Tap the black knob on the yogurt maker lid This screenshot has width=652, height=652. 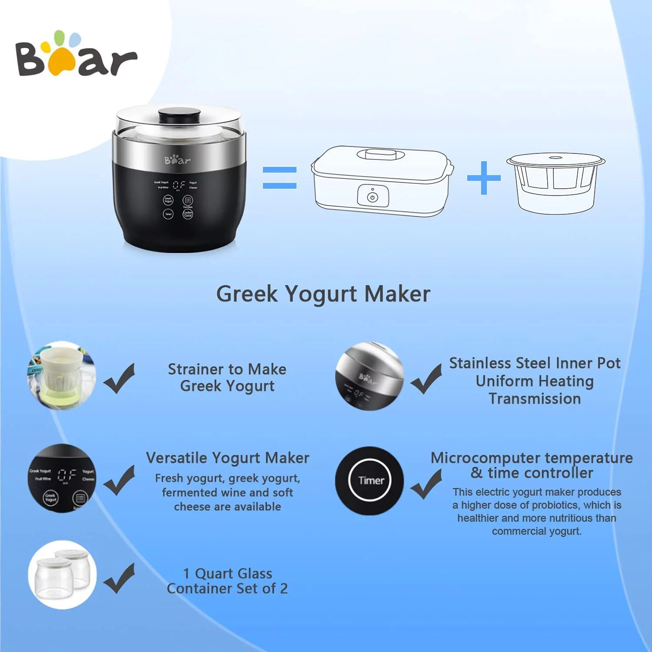click(x=179, y=116)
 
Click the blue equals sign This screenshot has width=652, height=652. click(x=279, y=178)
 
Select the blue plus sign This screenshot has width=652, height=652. click(x=484, y=178)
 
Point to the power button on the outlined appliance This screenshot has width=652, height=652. click(x=373, y=197)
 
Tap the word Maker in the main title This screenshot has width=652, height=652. click(x=397, y=294)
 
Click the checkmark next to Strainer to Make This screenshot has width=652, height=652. click(x=119, y=378)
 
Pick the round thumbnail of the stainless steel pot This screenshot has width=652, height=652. click(x=369, y=376)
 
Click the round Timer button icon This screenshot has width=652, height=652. click(x=370, y=481)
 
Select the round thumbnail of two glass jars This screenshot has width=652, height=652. click(x=62, y=575)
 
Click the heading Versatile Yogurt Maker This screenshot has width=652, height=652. click(x=227, y=458)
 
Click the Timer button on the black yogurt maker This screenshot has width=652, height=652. click(x=168, y=214)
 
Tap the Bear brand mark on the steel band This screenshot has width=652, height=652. click(x=177, y=160)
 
